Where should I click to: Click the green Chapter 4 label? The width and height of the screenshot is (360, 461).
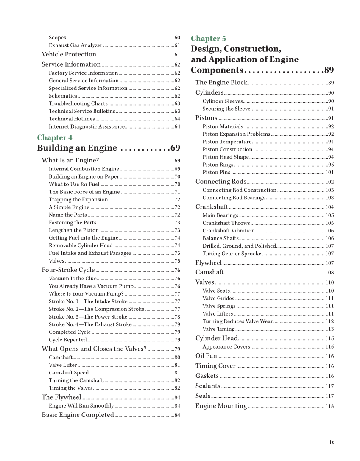tap(55, 137)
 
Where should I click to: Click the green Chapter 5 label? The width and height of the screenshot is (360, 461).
tap(208, 39)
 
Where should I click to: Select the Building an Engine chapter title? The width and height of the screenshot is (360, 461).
tap(77, 148)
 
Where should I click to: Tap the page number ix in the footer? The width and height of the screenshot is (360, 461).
tap(332, 442)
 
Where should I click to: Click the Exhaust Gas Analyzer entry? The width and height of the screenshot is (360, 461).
tap(75, 45)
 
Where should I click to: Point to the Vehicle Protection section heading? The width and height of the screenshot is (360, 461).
tap(69, 54)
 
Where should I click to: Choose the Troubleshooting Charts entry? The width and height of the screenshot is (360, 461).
tap(78, 103)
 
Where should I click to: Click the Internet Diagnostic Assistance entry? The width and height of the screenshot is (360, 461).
tap(87, 126)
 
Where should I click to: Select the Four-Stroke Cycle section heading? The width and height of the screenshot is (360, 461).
tap(68, 270)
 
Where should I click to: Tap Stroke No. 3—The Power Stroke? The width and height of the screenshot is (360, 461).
tap(88, 317)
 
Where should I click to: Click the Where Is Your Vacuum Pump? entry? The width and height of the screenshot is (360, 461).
tap(86, 294)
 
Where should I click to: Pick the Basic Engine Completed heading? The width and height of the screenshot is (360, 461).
tap(78, 415)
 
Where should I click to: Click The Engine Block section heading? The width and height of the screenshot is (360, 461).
tap(221, 83)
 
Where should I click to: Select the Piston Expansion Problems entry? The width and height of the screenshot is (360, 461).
tap(236, 134)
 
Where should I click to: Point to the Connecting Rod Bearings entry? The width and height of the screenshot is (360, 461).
tap(234, 198)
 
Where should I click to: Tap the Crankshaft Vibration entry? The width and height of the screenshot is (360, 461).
tap(229, 231)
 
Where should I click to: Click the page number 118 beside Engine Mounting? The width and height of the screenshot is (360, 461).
tap(329, 406)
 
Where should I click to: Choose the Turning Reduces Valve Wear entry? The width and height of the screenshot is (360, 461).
tap(237, 321)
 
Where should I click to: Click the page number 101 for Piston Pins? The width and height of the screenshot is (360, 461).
tap(329, 173)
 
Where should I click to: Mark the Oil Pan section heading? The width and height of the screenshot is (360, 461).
tap(206, 356)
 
